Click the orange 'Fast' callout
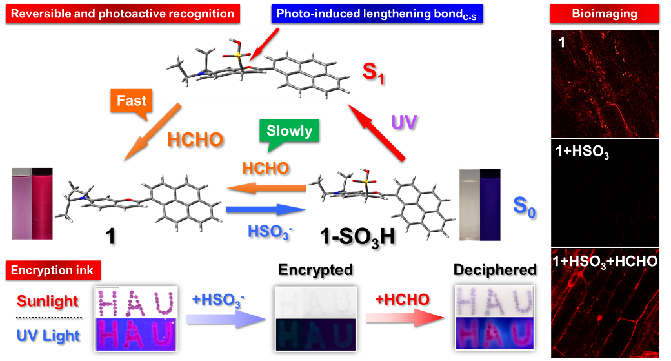(131, 102)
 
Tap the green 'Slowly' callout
(289, 131)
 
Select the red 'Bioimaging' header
(595, 13)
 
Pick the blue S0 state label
(526, 208)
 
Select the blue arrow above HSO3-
(265, 211)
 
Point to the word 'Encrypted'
(316, 269)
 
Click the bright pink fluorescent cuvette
(44, 203)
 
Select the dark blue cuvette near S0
(490, 203)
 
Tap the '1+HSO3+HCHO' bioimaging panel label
(605, 262)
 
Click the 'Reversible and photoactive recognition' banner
(121, 13)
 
